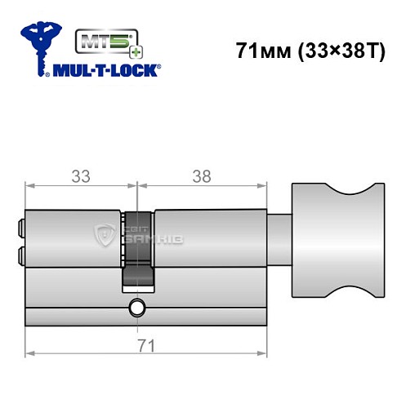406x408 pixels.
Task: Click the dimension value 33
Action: [x=79, y=175]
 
